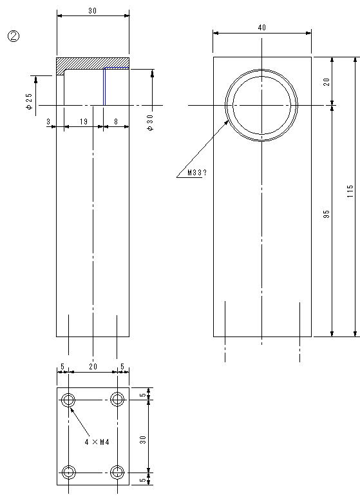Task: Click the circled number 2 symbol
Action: (14, 37)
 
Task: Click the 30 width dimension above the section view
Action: (93, 11)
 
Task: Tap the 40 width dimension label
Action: (262, 28)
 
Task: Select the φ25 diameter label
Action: (30, 101)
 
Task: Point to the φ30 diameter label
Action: (150, 122)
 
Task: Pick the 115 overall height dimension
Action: (350, 191)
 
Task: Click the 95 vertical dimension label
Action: (327, 214)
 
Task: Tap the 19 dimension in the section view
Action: (84, 122)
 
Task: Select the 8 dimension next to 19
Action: (116, 122)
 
